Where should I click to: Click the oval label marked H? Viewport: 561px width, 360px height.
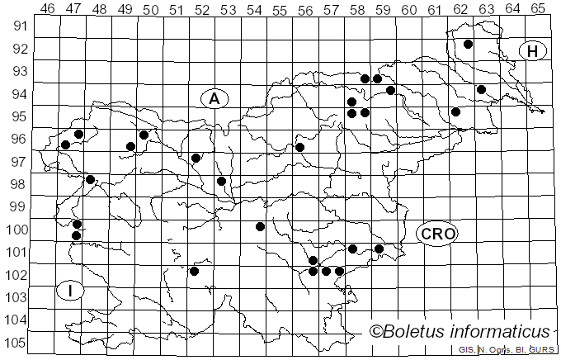(533, 51)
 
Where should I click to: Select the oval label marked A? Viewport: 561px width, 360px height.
(214, 99)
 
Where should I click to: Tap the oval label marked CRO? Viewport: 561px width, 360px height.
(436, 234)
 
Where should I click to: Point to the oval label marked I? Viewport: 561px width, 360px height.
(71, 291)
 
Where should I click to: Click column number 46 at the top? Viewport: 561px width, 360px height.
(48, 8)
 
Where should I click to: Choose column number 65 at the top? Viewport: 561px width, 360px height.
(538, 8)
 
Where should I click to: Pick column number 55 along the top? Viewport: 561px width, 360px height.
(280, 8)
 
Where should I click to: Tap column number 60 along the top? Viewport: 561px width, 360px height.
(408, 8)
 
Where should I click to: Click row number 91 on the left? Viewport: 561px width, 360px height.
(18, 26)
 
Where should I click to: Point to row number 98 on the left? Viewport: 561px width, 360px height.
(18, 184)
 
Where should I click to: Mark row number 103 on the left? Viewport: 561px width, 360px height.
(18, 297)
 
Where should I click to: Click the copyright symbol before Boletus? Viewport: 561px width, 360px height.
(376, 332)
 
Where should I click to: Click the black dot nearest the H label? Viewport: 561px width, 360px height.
(468, 45)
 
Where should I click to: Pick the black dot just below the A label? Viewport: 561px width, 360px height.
(196, 158)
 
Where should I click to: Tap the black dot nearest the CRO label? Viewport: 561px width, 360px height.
(379, 249)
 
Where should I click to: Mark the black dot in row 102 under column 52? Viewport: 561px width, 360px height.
(194, 271)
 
